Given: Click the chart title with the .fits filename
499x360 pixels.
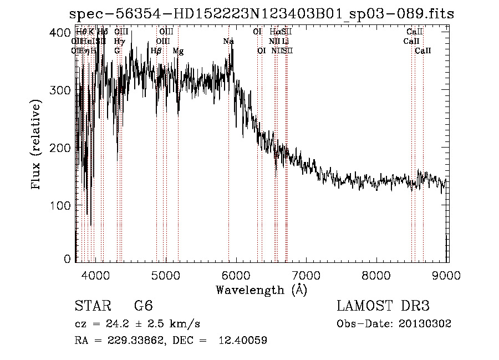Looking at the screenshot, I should click(x=261, y=14).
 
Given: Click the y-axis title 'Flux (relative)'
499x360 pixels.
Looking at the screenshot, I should click(x=37, y=145).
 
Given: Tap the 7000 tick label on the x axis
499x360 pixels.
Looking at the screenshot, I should click(x=307, y=275).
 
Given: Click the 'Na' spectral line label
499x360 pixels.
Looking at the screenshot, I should click(x=228, y=42).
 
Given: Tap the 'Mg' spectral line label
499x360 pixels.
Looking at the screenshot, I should click(x=178, y=51).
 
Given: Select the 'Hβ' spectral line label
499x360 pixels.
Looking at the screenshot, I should click(x=156, y=51).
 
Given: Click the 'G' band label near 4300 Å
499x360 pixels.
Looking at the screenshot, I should click(x=117, y=51).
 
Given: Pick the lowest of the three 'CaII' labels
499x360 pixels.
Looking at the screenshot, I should click(x=423, y=51).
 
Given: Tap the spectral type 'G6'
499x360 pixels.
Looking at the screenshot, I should click(x=143, y=307).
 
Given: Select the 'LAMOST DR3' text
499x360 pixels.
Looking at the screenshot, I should click(x=383, y=307).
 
